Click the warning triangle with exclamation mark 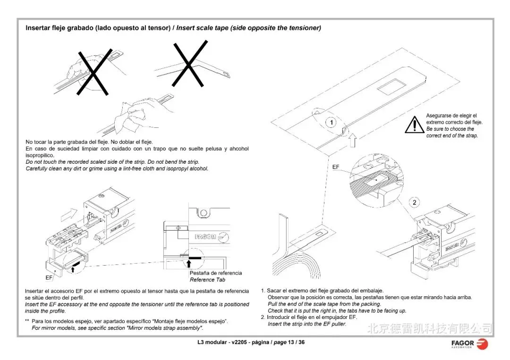pyautogui.click(x=415, y=125)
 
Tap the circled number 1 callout pyautogui.click(x=331, y=123)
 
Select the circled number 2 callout pyautogui.click(x=414, y=203)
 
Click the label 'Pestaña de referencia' pyautogui.click(x=215, y=273)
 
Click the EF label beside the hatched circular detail pyautogui.click(x=336, y=167)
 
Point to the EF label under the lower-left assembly pyautogui.click(x=49, y=278)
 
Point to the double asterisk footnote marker pyautogui.click(x=27, y=321)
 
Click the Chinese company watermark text pyautogui.click(x=429, y=327)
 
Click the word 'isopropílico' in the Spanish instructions pyautogui.click(x=40, y=155)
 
